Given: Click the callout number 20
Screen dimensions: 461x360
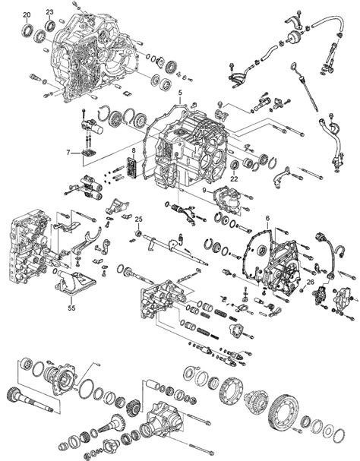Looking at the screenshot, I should pos(27,14).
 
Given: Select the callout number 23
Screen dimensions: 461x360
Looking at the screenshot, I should pos(49,12).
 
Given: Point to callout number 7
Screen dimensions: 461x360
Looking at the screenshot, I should pos(68,153).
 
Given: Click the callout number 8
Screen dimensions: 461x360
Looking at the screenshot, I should pos(134,151).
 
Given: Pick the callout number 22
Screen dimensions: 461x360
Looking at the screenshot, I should pos(235,178).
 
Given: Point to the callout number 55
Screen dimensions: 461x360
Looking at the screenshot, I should pos(71,308).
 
